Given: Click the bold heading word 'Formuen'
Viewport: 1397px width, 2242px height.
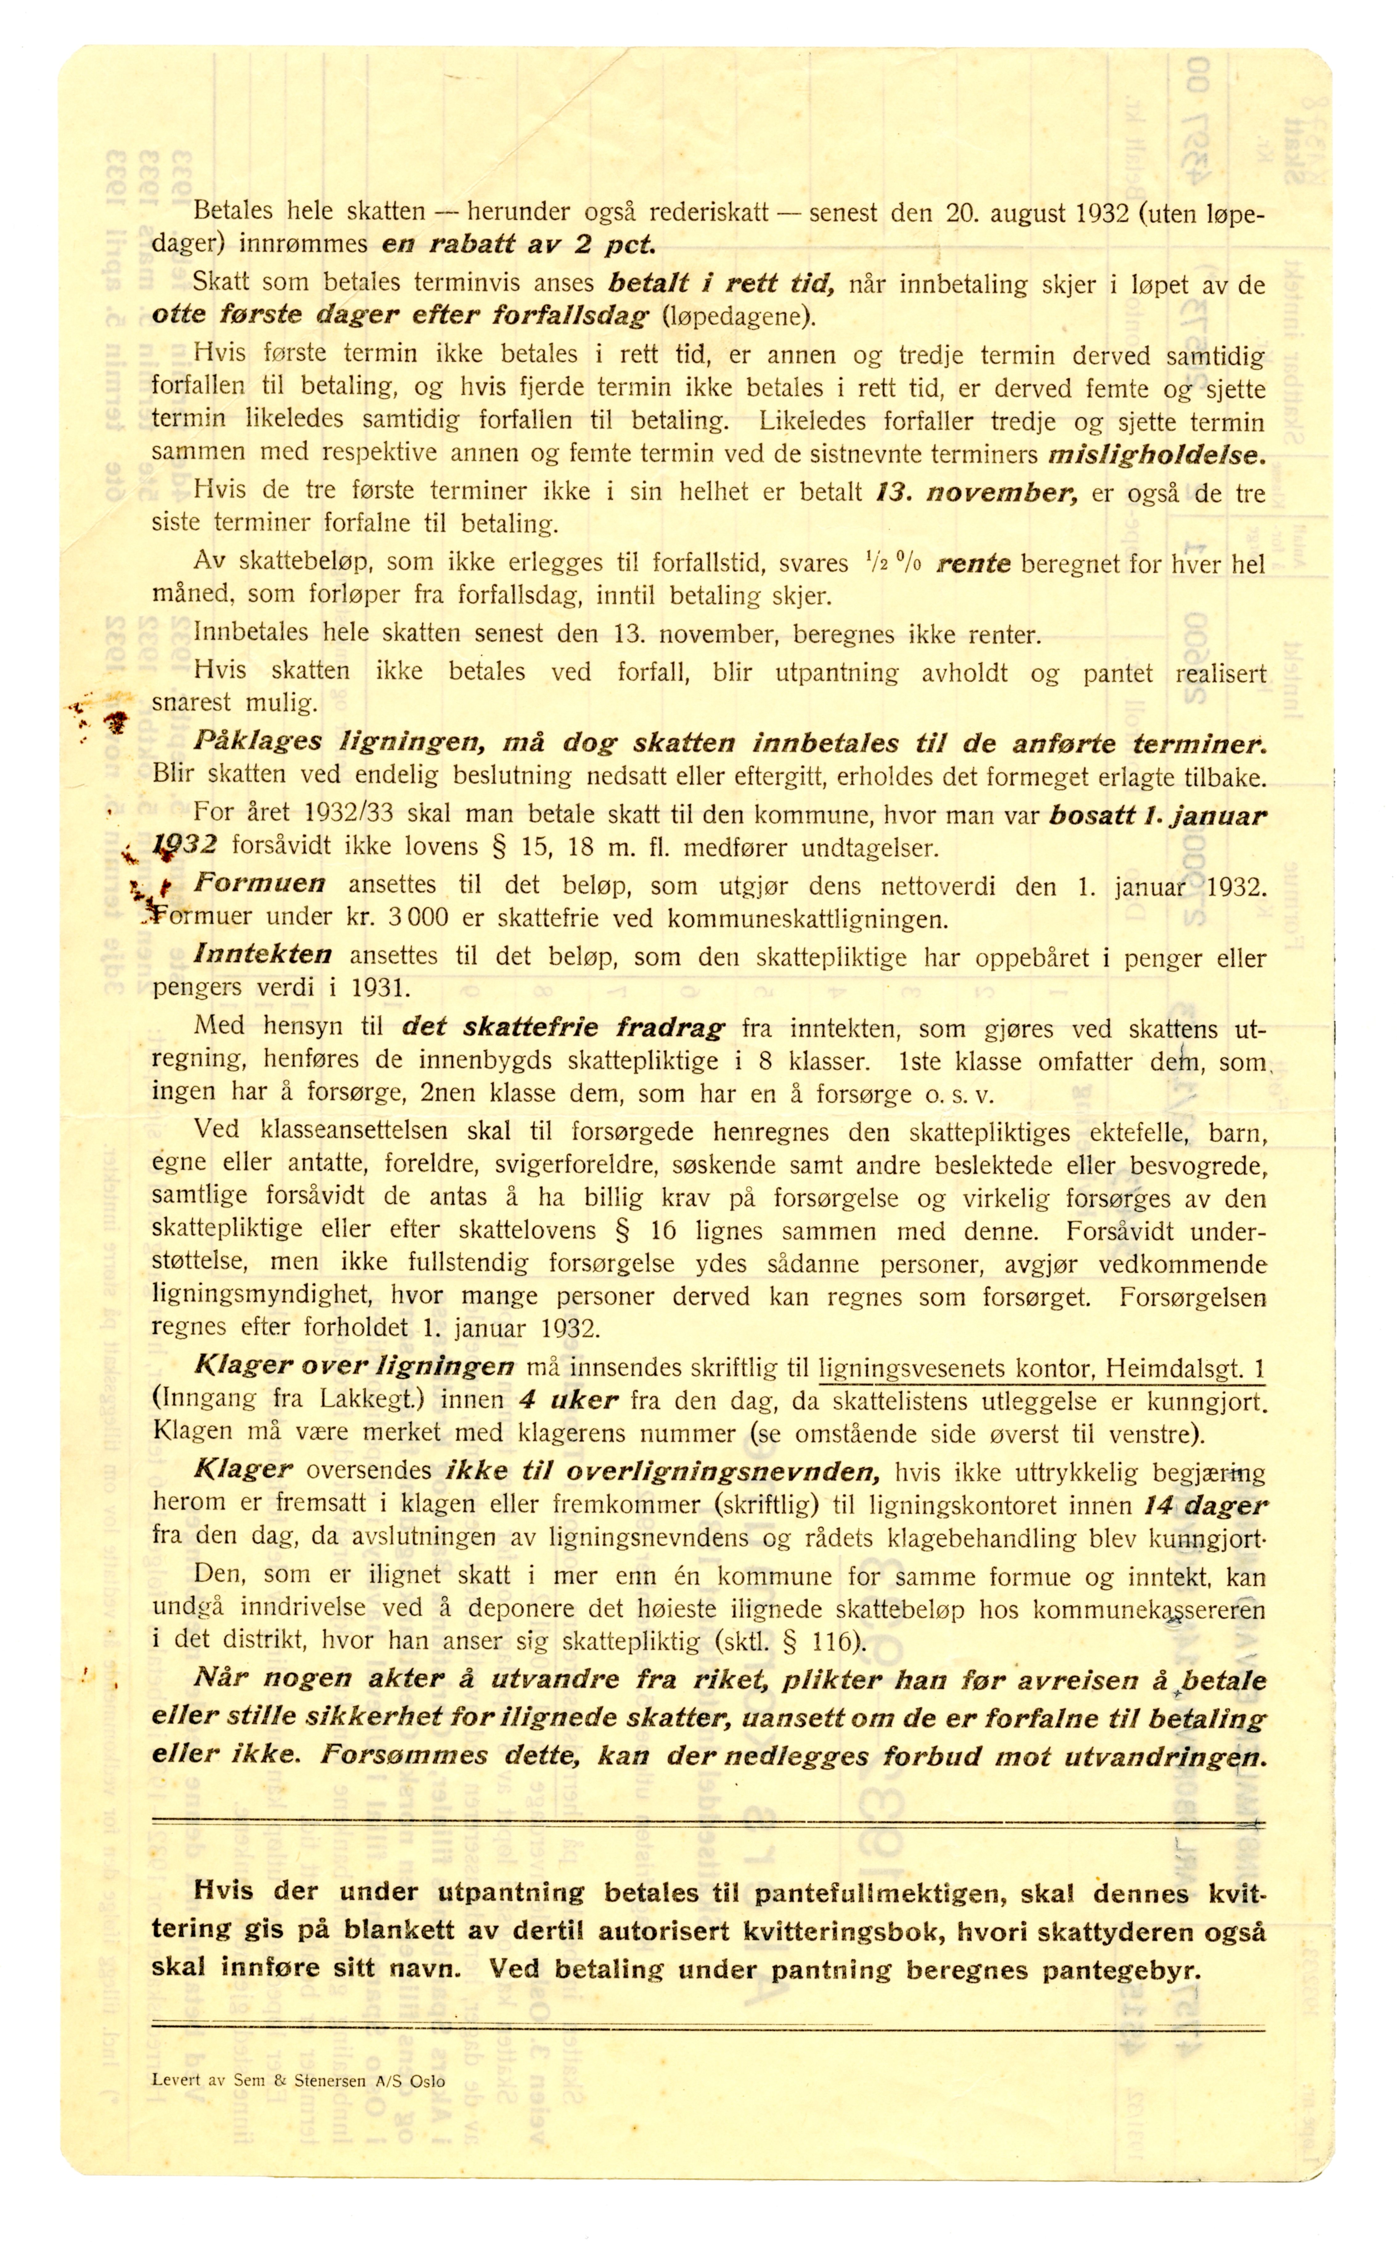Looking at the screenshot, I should [260, 883].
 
